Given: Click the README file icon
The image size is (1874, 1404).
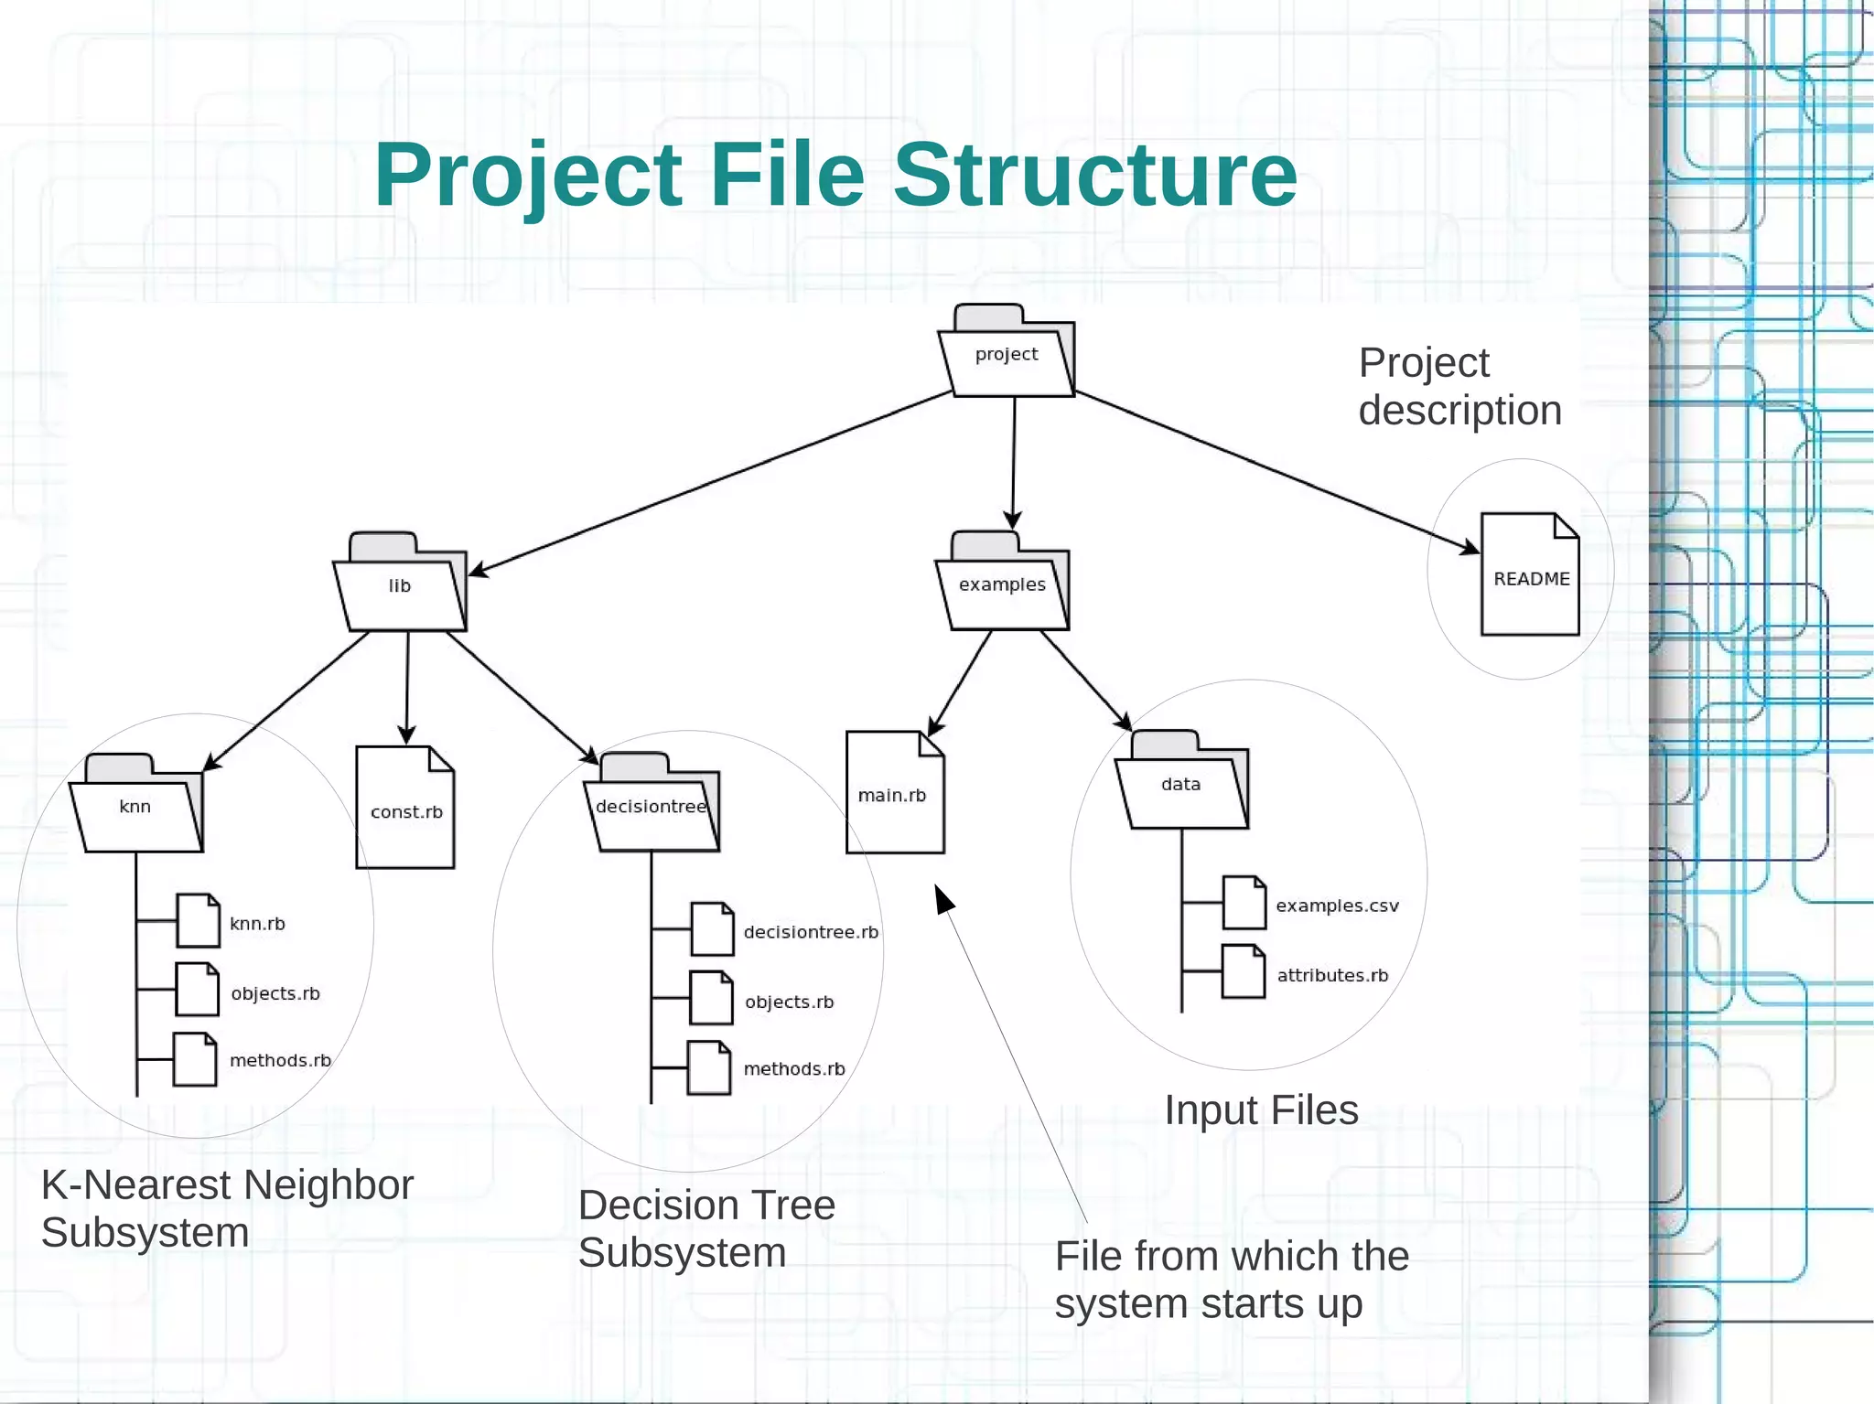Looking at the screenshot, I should point(1530,575).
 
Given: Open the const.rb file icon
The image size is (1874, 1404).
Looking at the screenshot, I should point(405,809).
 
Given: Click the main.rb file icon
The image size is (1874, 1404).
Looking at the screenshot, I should point(894,793).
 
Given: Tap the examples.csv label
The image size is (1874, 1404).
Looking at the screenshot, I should point(1337,906).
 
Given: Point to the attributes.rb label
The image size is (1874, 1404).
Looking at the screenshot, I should point(1332,975).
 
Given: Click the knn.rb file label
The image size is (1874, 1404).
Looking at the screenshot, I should point(257,924).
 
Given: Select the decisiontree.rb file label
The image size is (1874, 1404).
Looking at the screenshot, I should point(811,932).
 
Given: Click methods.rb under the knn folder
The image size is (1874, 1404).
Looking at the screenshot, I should point(280,1060).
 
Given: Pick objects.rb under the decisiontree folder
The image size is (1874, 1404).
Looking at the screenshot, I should point(789,1002).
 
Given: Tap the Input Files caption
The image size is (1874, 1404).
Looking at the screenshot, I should point(1261,1110).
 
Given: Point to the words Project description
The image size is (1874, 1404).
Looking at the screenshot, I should point(1459,386).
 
